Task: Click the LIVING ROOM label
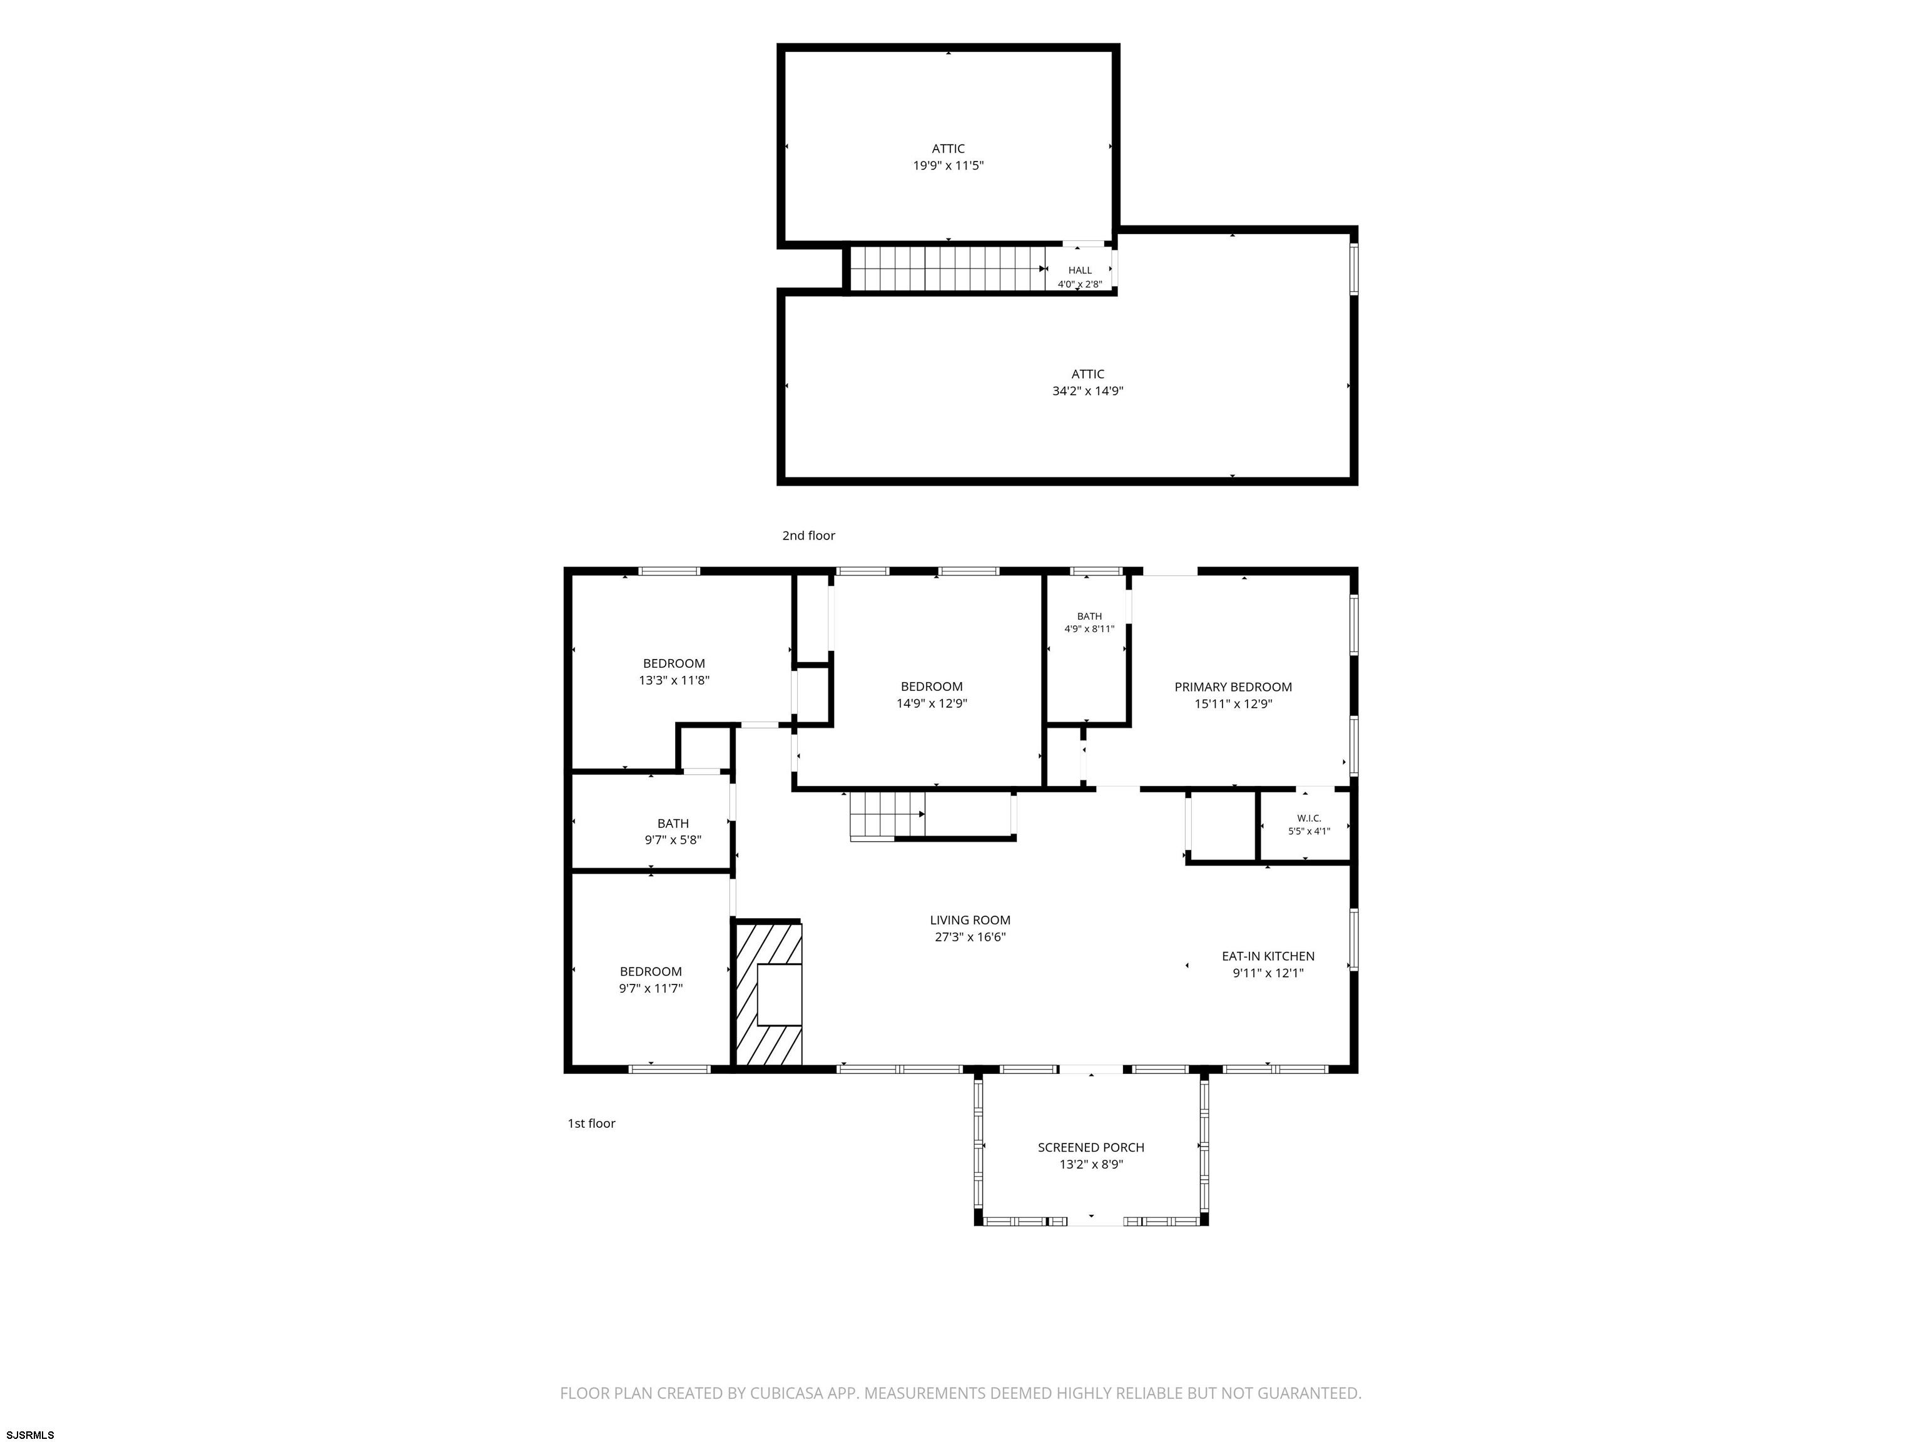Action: (x=970, y=919)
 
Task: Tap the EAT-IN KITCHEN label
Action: (x=1268, y=956)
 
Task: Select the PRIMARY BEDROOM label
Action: (x=1233, y=687)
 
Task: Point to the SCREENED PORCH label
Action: (x=1091, y=1147)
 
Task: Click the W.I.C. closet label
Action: (x=1309, y=818)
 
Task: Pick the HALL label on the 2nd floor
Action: (x=1080, y=270)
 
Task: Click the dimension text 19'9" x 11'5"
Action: (x=948, y=165)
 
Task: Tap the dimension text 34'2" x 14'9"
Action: (x=1088, y=391)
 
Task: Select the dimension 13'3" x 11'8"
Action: (x=674, y=680)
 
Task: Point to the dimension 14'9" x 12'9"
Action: (x=932, y=704)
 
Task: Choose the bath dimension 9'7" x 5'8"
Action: (x=673, y=841)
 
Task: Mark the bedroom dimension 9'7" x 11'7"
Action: (x=651, y=988)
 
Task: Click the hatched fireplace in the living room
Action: (x=768, y=995)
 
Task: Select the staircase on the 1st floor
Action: (x=887, y=816)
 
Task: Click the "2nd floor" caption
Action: (x=808, y=535)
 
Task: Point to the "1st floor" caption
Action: (x=591, y=1123)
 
